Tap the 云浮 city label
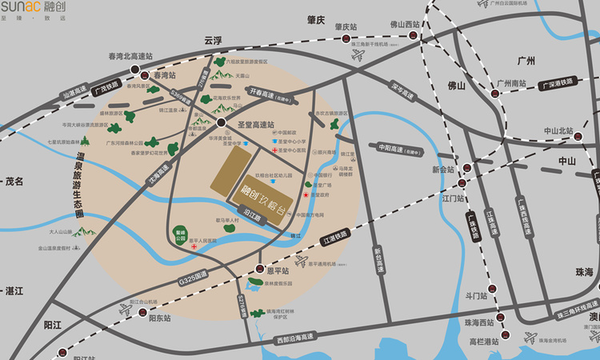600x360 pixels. tap(212, 39)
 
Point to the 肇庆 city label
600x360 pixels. tap(316, 19)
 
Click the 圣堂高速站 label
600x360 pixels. tap(256, 124)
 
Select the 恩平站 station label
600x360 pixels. tap(278, 270)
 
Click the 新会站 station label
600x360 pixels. tap(442, 170)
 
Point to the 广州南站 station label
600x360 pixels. tap(511, 82)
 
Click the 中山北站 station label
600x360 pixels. tap(558, 130)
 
